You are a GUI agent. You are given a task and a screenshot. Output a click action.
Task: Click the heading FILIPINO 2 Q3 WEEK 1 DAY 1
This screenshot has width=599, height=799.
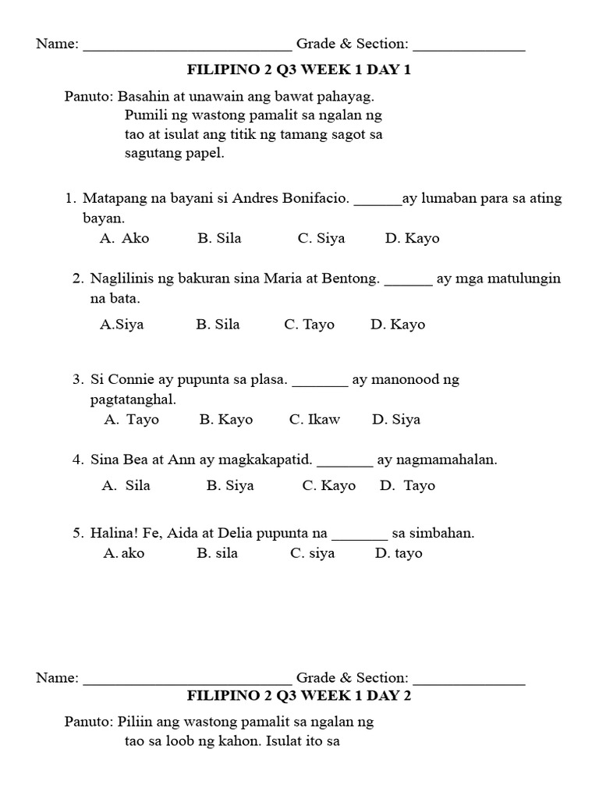click(299, 70)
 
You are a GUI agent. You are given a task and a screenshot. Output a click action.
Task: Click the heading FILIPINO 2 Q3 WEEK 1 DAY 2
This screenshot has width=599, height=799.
click(299, 696)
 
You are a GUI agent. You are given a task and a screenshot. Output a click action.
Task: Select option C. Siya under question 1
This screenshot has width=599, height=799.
click(321, 239)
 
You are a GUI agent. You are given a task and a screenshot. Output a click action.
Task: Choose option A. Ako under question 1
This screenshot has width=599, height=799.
click(125, 239)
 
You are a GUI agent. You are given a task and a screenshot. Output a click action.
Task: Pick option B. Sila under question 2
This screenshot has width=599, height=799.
click(218, 325)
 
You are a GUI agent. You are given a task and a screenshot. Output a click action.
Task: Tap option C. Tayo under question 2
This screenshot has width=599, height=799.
click(309, 325)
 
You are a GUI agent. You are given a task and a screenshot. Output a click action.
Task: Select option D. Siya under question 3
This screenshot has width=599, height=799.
click(396, 420)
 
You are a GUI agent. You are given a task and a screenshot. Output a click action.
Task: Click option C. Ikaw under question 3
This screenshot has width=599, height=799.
click(314, 420)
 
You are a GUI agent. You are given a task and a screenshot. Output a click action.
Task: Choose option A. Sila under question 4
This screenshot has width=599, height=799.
click(126, 485)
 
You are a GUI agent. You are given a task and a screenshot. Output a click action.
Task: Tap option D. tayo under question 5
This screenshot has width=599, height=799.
click(399, 553)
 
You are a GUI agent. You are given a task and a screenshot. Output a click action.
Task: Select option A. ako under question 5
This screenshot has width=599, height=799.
click(124, 553)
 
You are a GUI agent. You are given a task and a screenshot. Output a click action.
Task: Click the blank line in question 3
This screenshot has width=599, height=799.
click(320, 384)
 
